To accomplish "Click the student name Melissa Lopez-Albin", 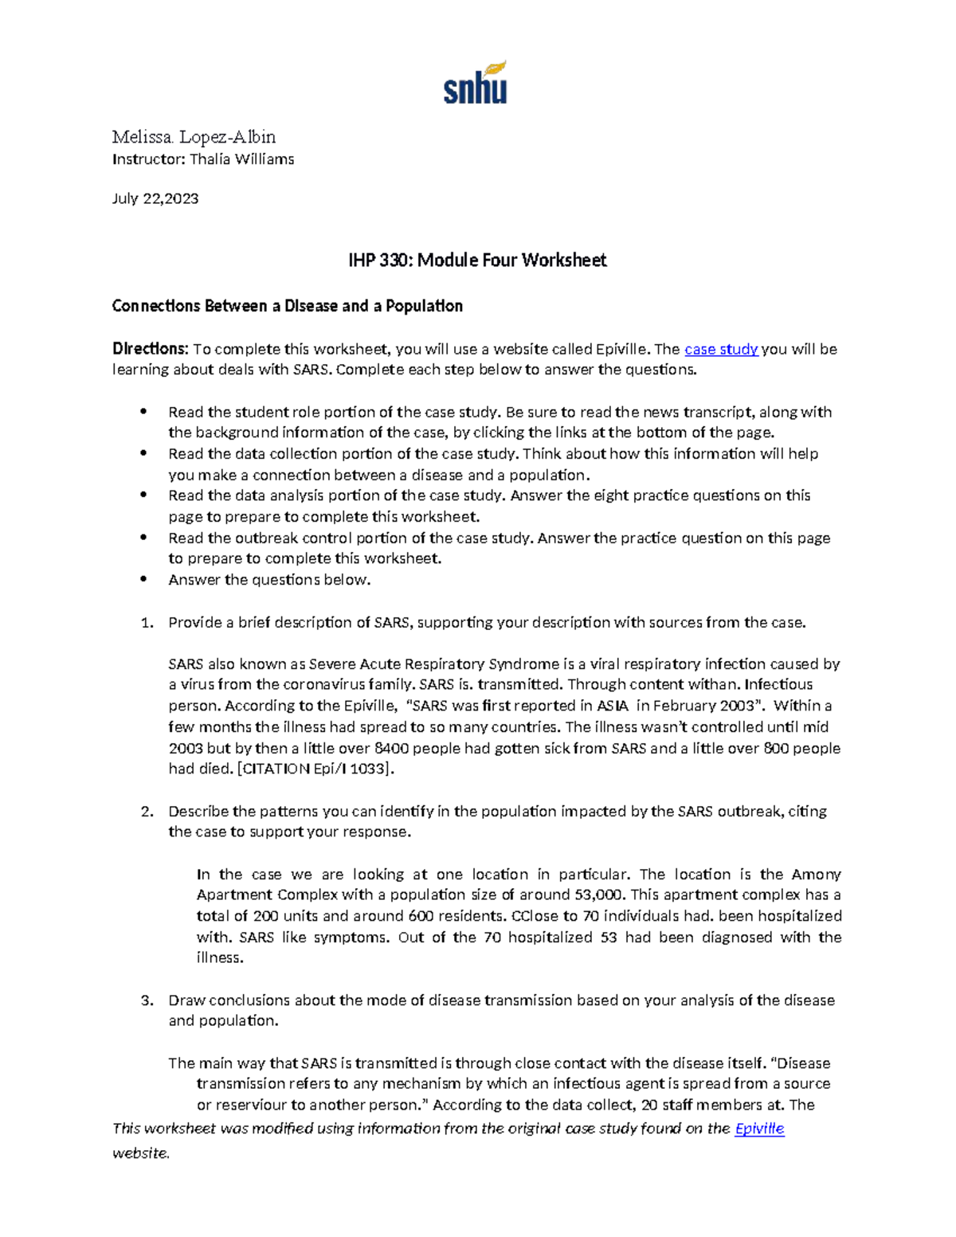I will (194, 136).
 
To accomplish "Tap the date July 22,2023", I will (155, 198).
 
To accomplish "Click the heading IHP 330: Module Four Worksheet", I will (477, 260).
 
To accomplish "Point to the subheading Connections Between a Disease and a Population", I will (287, 306).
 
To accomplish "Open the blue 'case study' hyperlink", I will (721, 349).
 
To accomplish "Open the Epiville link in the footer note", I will (759, 1129).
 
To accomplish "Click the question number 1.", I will (146, 622).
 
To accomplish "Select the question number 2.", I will (146, 812).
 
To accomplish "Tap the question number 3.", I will (146, 1000).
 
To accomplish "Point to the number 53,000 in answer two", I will (597, 894).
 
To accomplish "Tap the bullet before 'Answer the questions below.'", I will (143, 580).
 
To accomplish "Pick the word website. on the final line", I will (141, 1153).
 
